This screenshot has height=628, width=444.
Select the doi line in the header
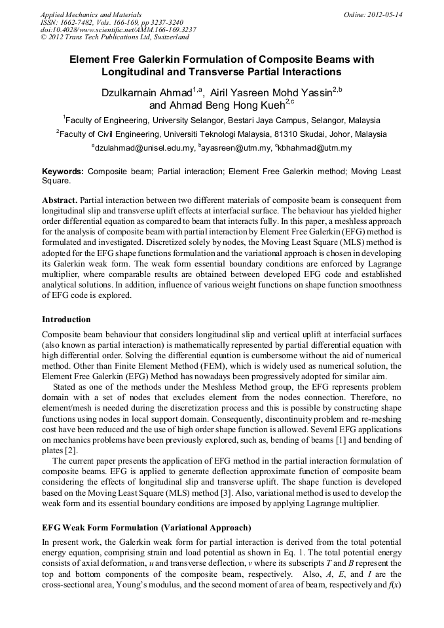click(118, 29)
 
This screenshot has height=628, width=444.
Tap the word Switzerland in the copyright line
click(168, 37)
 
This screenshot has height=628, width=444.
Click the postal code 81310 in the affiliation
click(288, 134)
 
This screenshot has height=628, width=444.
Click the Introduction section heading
click(66, 320)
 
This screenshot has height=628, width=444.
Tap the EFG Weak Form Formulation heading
click(147, 527)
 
